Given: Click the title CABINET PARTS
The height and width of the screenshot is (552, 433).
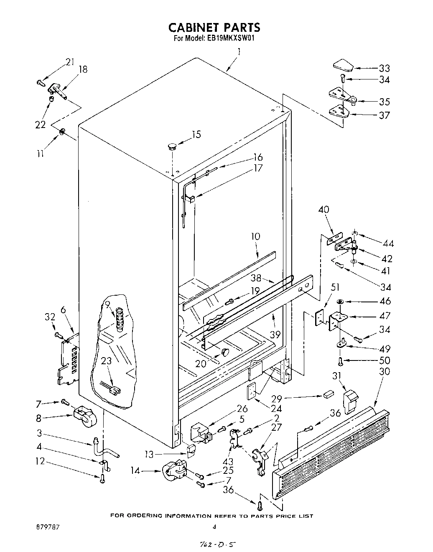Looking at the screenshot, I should [x=214, y=28].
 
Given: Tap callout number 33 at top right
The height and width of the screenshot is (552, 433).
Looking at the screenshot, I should [x=384, y=68].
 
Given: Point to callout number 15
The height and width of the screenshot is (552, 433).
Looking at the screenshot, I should [x=196, y=135].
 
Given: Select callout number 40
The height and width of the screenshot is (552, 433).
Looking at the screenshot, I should [x=324, y=210].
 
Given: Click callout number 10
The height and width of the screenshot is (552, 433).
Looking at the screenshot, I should [x=255, y=237].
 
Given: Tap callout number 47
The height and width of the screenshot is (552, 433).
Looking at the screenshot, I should [x=384, y=316].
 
